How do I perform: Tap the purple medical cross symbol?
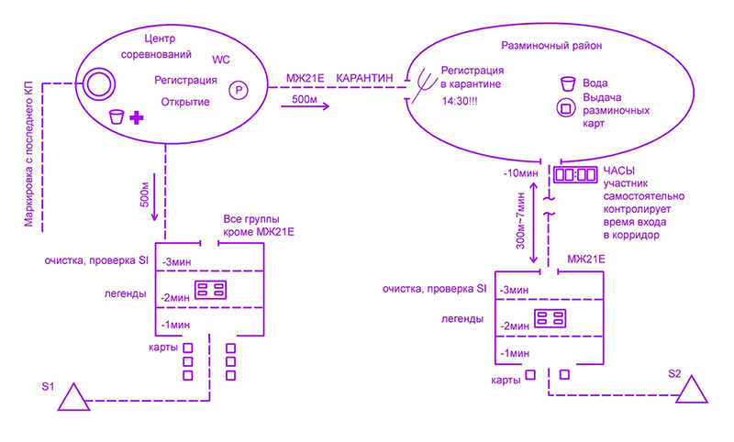click(137, 116)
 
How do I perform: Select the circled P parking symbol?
click(239, 90)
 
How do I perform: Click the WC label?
click(221, 60)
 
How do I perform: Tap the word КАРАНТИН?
click(365, 80)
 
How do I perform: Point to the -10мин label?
click(518, 172)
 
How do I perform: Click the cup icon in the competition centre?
click(117, 116)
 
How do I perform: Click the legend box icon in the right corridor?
click(551, 319)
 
